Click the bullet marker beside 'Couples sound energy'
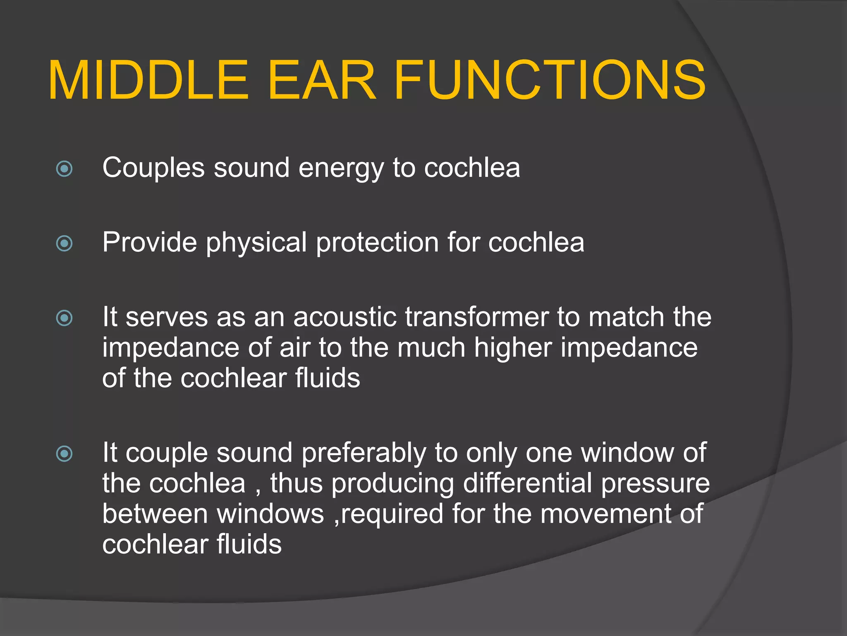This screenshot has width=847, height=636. pos(64,169)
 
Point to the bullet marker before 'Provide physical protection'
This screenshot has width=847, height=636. pos(64,243)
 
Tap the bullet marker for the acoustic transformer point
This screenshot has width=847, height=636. pos(64,318)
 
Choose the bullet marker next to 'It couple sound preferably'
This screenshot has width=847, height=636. pos(64,454)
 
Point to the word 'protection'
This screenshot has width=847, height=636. pos(377,243)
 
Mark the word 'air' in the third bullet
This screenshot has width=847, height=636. pos(294,347)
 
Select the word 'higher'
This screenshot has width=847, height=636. pos(513,348)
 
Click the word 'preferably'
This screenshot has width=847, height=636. pos(364,454)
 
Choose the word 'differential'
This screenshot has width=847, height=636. pos(527,483)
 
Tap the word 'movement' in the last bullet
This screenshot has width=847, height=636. pos(606,514)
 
